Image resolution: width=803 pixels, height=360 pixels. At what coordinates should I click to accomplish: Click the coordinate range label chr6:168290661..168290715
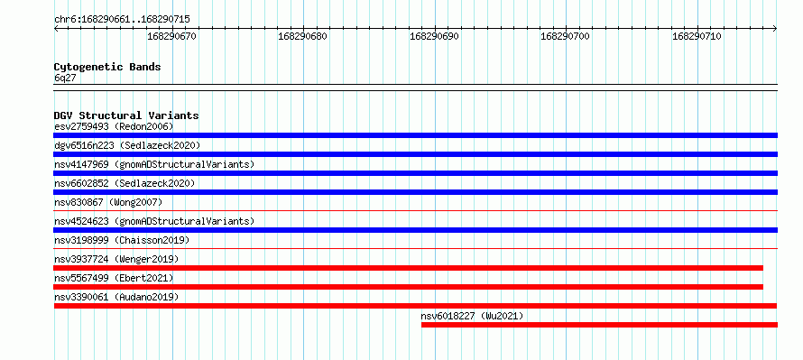(122, 20)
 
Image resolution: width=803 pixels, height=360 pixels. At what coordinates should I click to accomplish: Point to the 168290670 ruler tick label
(171, 36)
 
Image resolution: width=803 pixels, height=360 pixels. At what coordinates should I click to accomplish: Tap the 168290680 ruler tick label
(302, 36)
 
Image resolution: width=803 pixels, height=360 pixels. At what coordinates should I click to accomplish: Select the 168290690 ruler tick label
(434, 36)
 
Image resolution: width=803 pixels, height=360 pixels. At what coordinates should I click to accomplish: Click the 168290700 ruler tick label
(566, 36)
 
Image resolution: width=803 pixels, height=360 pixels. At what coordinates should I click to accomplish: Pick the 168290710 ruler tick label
(697, 36)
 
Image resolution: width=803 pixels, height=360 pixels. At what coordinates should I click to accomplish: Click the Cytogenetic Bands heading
(107, 67)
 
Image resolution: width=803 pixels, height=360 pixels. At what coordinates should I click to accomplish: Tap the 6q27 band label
(65, 78)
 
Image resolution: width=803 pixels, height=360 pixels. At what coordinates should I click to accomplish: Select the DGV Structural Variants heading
(126, 115)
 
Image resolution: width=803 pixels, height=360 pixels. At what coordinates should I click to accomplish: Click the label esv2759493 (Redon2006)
(114, 126)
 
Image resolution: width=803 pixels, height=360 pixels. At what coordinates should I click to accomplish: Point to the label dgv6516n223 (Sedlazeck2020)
(127, 145)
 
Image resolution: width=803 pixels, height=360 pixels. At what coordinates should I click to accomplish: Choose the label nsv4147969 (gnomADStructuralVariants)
(154, 164)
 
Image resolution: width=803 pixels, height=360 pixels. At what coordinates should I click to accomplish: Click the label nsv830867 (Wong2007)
(108, 202)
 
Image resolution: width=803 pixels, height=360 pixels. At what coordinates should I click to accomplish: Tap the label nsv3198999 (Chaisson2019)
(122, 240)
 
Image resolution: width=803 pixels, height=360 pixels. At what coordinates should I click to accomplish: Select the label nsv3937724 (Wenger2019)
(116, 259)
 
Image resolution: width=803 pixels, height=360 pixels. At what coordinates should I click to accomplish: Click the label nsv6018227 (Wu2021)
(472, 317)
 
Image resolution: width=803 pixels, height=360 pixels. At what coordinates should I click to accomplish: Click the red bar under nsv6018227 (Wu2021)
(599, 325)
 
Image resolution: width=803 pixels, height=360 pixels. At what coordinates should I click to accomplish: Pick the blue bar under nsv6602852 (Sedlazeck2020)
(415, 192)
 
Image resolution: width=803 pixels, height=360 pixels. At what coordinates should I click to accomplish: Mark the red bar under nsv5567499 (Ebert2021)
(408, 287)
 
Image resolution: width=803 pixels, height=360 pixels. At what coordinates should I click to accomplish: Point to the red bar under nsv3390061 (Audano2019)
(415, 306)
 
